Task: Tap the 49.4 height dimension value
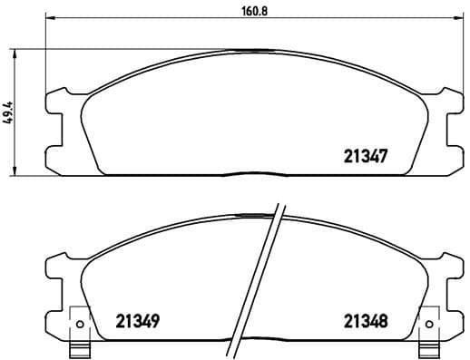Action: point(9,111)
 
